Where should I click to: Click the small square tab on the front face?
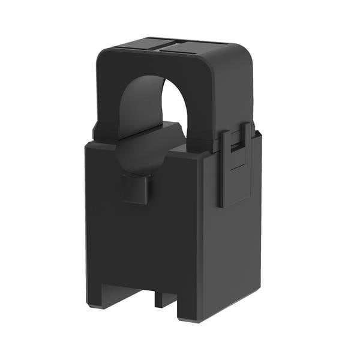pyautogui.click(x=136, y=188)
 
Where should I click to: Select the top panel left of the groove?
pyautogui.click(x=135, y=45)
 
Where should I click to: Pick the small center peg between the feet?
pyautogui.click(x=161, y=298)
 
